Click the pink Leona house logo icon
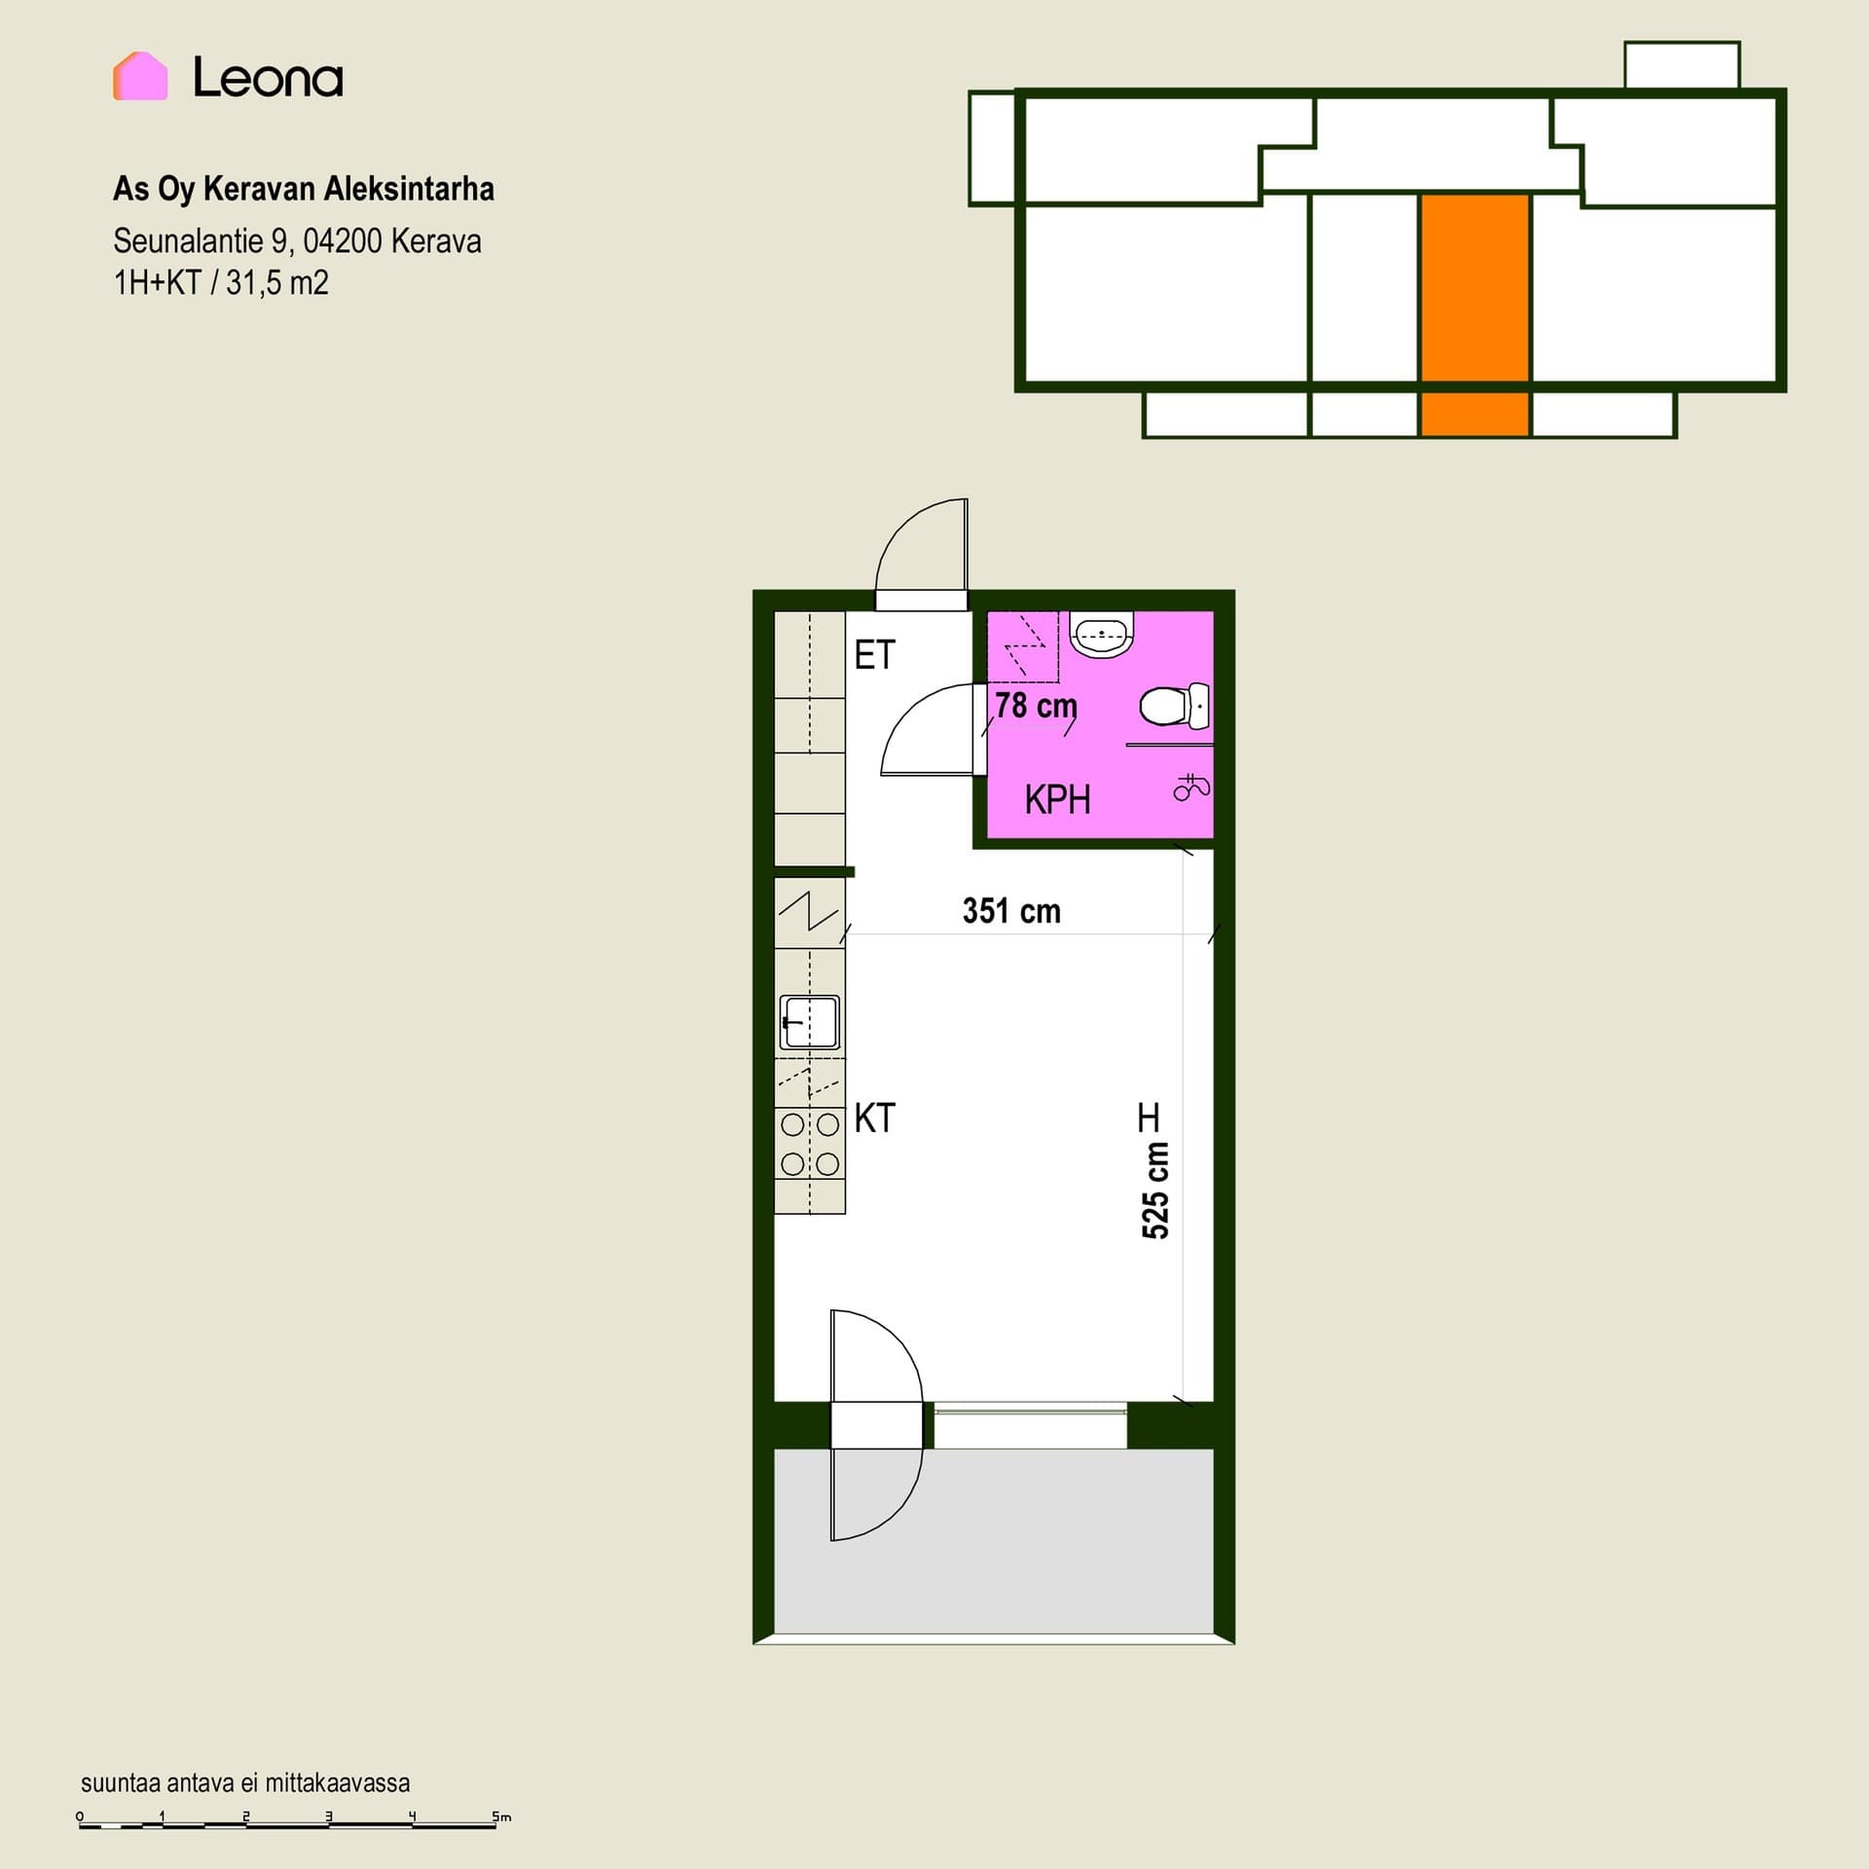click(x=140, y=76)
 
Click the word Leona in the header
click(x=268, y=78)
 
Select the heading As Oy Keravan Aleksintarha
click(x=304, y=189)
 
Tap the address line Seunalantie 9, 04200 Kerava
click(x=297, y=240)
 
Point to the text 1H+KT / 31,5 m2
click(x=221, y=283)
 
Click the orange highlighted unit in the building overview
click(x=1474, y=314)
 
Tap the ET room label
click(x=874, y=655)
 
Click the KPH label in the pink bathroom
click(x=1057, y=800)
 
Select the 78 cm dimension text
click(x=1036, y=705)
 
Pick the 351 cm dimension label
click(x=1011, y=911)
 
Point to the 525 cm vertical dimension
click(x=1155, y=1190)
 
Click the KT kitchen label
click(x=874, y=1118)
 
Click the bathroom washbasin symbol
click(x=1102, y=635)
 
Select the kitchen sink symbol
click(x=809, y=1022)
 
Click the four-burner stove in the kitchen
click(x=810, y=1145)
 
